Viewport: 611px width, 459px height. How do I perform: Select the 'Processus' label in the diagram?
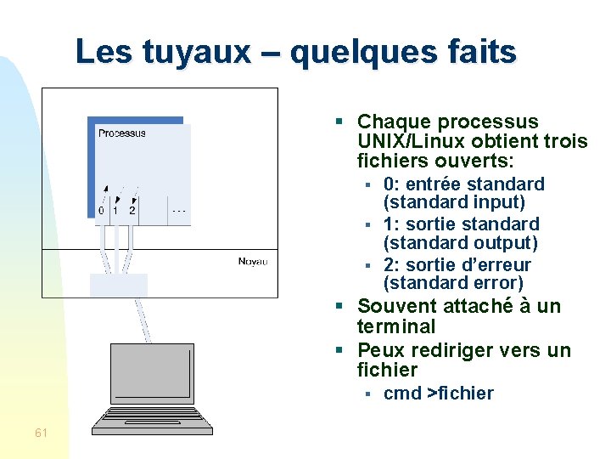pos(122,133)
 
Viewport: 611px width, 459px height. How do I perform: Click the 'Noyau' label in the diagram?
pos(252,261)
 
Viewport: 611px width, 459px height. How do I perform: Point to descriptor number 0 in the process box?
pos(101,209)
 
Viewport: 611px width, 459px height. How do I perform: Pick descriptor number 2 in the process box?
pos(132,209)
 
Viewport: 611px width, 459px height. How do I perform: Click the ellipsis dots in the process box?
pos(179,207)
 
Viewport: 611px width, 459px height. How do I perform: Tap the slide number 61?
pos(41,433)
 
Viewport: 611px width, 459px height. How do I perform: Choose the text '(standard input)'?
pos(454,203)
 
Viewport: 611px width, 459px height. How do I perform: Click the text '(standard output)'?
pos(460,243)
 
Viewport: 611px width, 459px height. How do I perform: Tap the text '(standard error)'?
pos(453,283)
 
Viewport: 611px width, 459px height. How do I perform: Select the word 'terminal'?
pos(395,326)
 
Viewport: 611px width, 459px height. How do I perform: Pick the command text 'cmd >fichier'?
pos(438,393)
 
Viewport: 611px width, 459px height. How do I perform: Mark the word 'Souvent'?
pos(392,306)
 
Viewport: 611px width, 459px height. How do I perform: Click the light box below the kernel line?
pos(118,285)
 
